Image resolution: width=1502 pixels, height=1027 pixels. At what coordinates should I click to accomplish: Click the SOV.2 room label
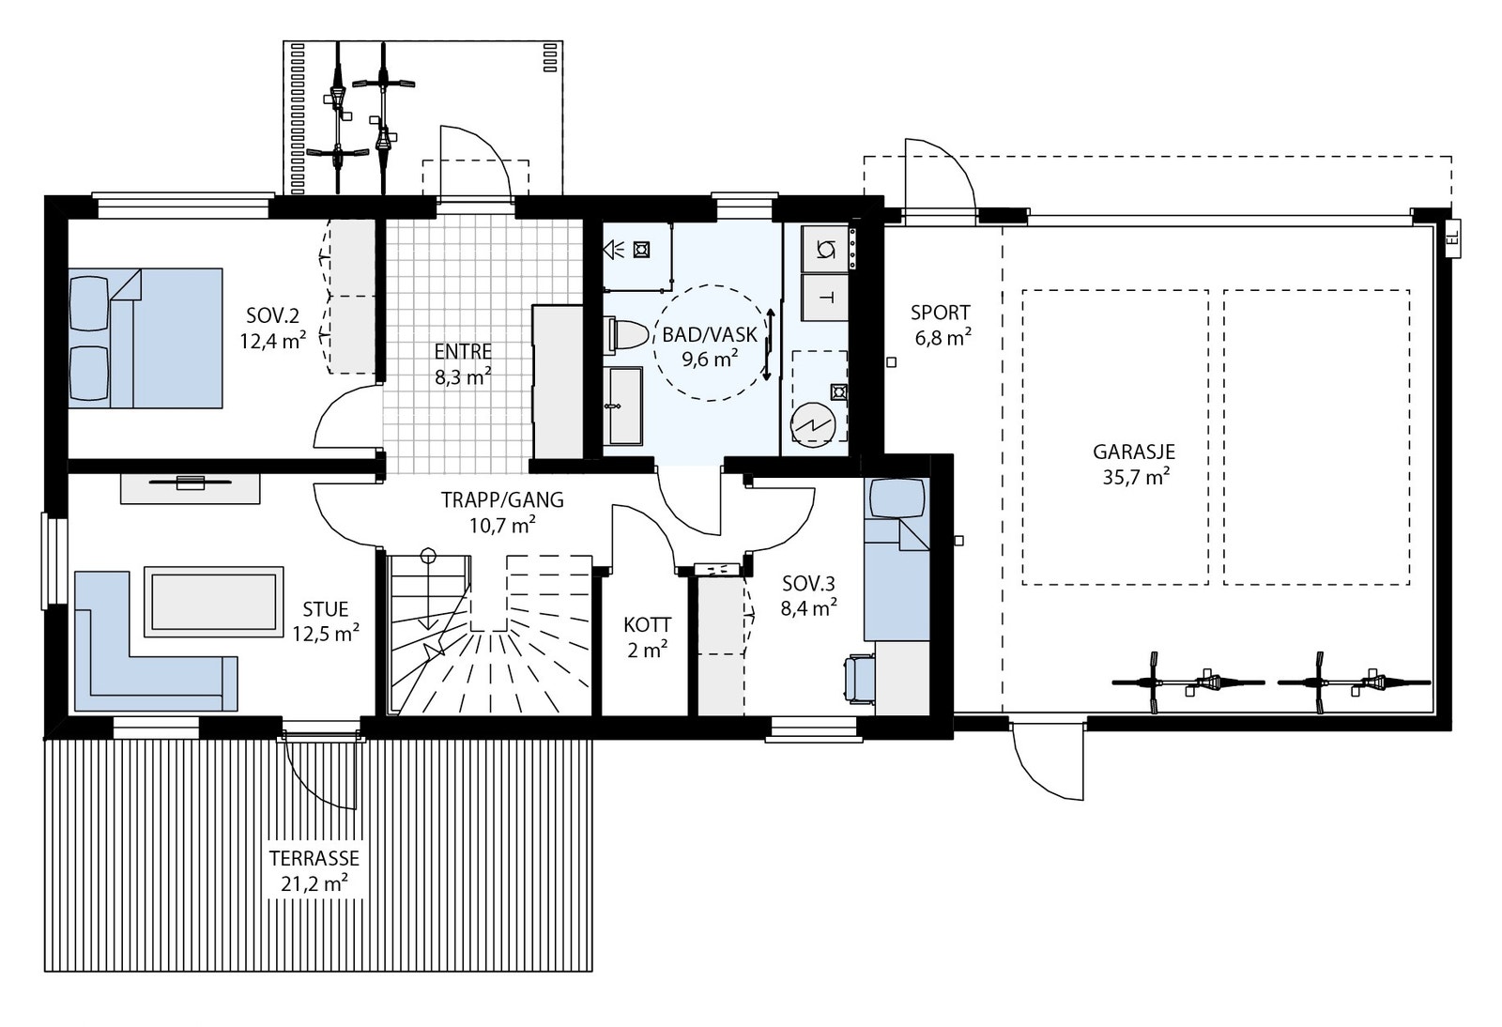pos(272,327)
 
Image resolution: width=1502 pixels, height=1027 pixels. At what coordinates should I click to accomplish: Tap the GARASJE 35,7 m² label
pos(1134,464)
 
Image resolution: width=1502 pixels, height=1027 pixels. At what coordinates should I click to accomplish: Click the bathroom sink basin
pos(623,406)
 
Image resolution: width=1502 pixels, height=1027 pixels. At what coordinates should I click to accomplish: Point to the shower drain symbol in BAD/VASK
pos(642,250)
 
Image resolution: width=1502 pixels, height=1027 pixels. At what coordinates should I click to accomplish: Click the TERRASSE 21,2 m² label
pos(314,869)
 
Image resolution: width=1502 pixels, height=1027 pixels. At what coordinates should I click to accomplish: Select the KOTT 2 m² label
pos(647,636)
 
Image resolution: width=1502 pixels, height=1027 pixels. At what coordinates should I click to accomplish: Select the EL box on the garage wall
pos(1451,241)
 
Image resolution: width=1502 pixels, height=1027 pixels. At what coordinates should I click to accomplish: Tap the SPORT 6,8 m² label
pos(940,325)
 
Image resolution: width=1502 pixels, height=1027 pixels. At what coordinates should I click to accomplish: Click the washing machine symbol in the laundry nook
pos(826,249)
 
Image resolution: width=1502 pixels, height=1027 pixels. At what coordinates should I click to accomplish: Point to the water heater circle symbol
pos(813,424)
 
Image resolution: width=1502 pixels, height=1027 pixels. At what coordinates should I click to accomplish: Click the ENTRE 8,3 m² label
pos(463,364)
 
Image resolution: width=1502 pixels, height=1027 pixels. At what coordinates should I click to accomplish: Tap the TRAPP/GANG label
pos(502,512)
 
